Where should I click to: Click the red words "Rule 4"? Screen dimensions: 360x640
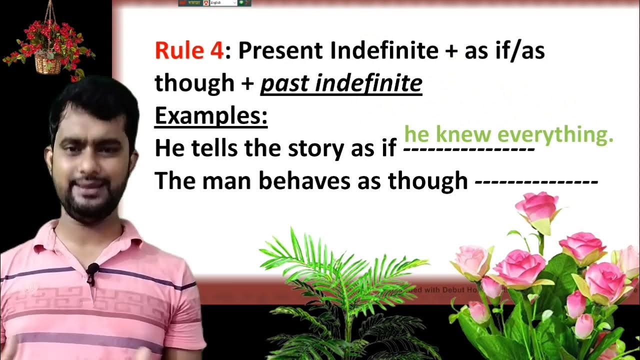(188, 51)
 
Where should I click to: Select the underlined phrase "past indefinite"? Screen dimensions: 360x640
(341, 83)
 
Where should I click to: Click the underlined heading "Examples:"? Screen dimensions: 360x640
(211, 116)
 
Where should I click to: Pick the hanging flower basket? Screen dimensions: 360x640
(48, 53)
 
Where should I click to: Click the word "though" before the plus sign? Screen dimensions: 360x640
(194, 83)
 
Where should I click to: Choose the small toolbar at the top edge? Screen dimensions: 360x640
(214, 3)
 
